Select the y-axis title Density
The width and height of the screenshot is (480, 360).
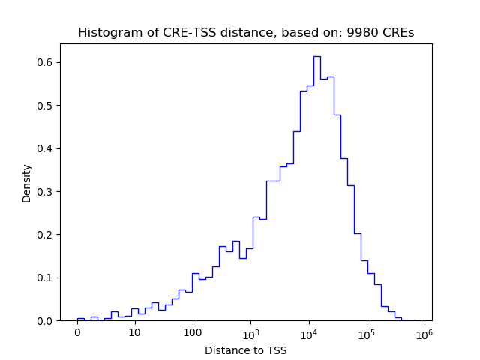(27, 183)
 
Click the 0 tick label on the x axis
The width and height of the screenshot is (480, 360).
(77, 332)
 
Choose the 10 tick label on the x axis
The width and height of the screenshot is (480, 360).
(135, 332)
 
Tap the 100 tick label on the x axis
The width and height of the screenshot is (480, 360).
(193, 332)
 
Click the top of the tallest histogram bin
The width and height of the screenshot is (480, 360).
(316, 56)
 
